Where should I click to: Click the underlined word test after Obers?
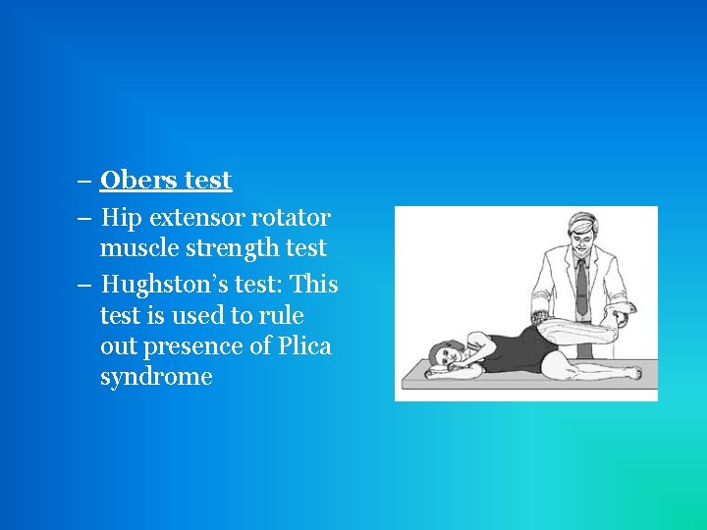pos(207,181)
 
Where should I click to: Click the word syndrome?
pos(156,377)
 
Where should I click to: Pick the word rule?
pos(283,316)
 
